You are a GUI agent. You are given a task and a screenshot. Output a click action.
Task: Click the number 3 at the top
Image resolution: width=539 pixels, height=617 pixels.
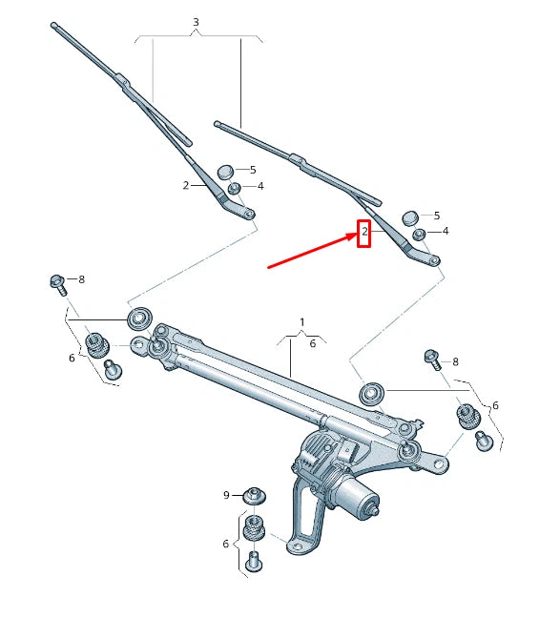(x=196, y=22)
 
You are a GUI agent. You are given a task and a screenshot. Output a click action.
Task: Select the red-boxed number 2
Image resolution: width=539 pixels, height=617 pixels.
(x=363, y=232)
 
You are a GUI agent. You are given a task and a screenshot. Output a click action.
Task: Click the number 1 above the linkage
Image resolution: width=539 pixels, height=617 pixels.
(x=301, y=322)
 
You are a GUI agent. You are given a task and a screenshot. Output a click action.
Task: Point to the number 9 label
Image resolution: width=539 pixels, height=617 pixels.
(x=226, y=495)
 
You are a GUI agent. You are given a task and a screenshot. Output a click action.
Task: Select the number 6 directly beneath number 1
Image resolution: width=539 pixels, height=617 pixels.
(x=312, y=343)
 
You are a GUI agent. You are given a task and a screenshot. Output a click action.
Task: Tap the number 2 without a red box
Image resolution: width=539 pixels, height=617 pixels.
(x=186, y=186)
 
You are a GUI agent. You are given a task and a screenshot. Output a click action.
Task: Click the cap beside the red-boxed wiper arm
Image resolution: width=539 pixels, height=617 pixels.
(x=409, y=217)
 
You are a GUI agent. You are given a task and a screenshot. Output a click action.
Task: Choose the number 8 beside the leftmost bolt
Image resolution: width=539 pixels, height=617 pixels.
(x=81, y=279)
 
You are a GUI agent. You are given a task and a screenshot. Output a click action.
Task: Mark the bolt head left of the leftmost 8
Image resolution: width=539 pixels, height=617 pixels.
(x=56, y=281)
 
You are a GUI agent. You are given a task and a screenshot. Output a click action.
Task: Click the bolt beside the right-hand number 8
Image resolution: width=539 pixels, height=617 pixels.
(x=430, y=359)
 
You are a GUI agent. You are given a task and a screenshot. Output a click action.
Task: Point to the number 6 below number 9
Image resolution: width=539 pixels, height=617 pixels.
(x=226, y=544)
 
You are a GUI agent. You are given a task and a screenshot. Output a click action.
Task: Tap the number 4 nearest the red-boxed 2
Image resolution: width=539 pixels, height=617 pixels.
(x=445, y=231)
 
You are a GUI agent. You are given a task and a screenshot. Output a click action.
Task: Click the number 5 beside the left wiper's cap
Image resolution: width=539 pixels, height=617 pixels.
(x=252, y=170)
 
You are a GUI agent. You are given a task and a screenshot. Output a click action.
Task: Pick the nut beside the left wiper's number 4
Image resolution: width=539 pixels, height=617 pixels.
(x=234, y=188)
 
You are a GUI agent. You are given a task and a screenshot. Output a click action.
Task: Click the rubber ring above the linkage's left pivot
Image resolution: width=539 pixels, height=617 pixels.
(x=139, y=317)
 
